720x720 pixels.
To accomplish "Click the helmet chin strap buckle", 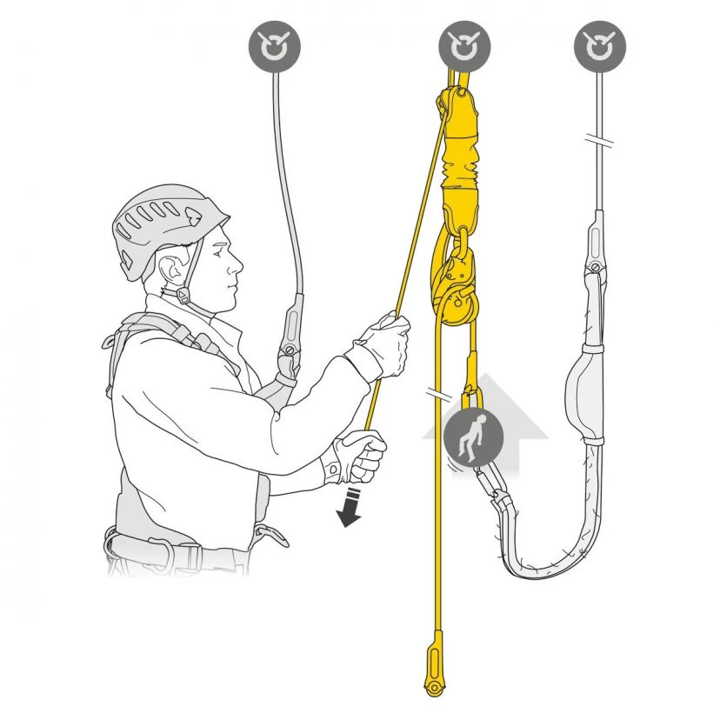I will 183,296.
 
